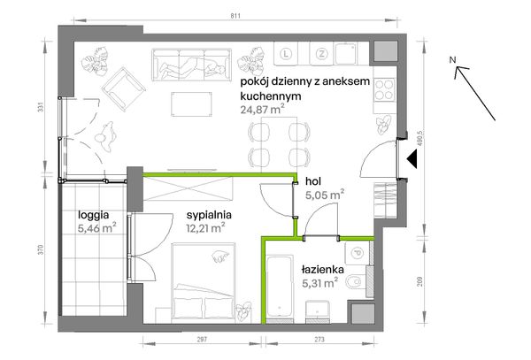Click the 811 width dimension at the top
click(236, 16)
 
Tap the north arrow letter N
click(453, 60)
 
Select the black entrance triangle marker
click(412, 159)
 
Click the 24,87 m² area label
click(262, 109)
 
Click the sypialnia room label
click(209, 215)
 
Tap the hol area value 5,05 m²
click(325, 195)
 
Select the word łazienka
click(323, 269)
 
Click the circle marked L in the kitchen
click(287, 53)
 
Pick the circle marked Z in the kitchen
click(321, 53)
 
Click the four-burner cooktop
click(385, 89)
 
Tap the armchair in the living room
click(124, 89)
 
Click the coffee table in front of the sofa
click(192, 104)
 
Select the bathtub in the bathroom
click(280, 287)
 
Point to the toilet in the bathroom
click(355, 281)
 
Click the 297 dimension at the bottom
click(202, 339)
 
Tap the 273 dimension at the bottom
click(319, 339)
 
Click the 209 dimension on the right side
click(419, 281)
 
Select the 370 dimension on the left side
click(42, 249)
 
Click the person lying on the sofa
click(192, 67)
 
